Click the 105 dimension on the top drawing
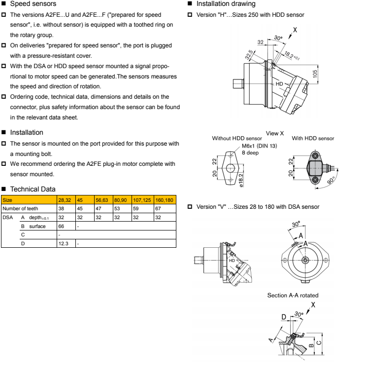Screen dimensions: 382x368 tap(314, 74)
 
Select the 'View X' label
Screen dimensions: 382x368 tap(275, 133)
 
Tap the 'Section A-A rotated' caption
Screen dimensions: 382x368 tap(293, 295)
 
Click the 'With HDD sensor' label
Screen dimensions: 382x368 tap(313, 139)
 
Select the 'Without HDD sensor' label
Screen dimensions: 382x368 tap(236, 139)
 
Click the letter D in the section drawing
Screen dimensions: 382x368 tap(284, 316)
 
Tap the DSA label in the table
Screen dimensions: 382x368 tap(6, 217)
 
